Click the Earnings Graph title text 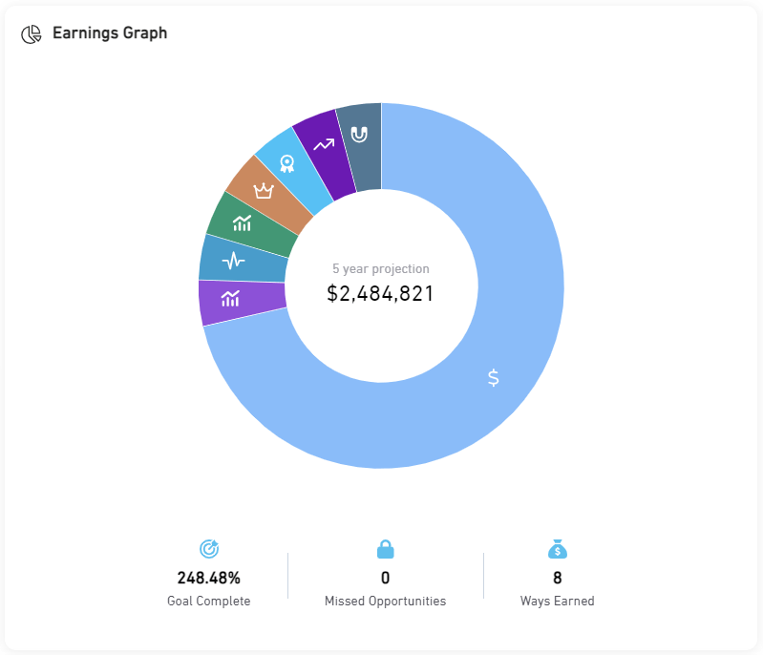110,33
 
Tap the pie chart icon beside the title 32,34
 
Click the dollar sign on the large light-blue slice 493,377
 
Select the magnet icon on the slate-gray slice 359,134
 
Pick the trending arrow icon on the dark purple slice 324,145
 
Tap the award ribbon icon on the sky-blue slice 286,164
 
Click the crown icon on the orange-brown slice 264,191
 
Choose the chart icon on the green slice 243,223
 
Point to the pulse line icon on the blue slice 233,260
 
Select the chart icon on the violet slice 230,298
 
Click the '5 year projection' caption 381,269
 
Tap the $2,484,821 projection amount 380,294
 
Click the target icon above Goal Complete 209,549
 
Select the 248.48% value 209,578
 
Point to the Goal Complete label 209,602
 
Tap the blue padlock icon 385,549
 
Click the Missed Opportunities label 385,602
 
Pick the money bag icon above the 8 558,549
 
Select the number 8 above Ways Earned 558,578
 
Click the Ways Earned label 558,602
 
